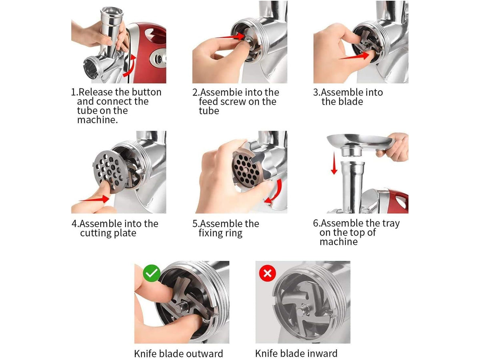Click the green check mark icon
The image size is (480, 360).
point(151,273)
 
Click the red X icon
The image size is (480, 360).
point(267,273)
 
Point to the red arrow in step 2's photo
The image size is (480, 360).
point(230,36)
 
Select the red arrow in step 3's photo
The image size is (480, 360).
point(354,56)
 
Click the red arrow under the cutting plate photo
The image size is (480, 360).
point(94,199)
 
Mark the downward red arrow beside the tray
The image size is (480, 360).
point(334,163)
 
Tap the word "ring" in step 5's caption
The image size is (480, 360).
point(234,234)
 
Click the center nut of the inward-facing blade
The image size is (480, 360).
point(303,310)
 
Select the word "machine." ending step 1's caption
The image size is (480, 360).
point(98,120)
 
